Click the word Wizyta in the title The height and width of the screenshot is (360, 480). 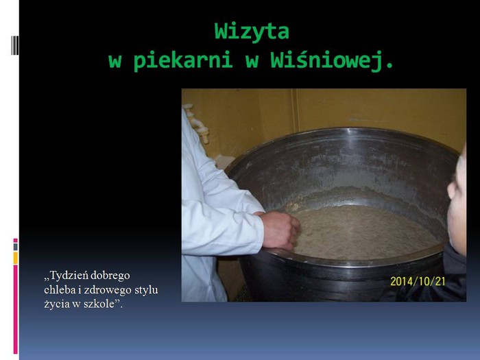click(252, 32)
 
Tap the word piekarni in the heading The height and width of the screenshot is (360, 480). click(182, 60)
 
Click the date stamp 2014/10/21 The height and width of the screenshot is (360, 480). click(418, 281)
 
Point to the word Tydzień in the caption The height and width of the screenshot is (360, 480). click(69, 276)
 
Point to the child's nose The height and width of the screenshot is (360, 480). click(451, 189)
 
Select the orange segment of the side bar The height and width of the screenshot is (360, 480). click(15, 258)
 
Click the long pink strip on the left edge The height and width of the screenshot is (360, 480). click(15, 309)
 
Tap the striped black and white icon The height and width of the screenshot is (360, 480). click(15, 45)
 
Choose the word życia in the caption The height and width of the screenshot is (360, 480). click(57, 304)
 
